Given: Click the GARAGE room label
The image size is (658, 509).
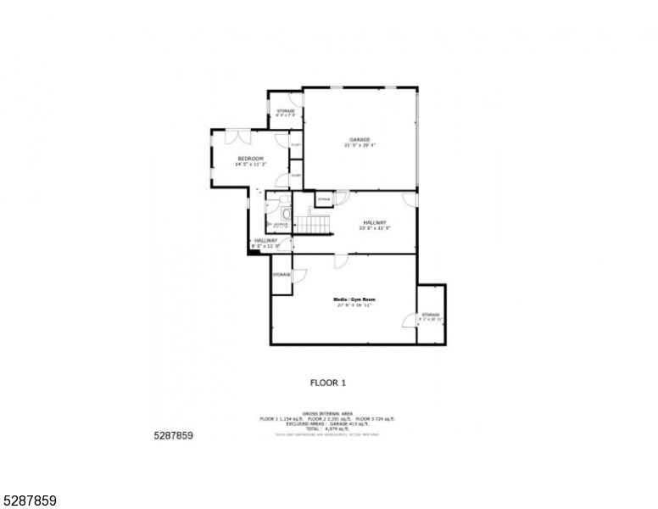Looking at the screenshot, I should [360, 140].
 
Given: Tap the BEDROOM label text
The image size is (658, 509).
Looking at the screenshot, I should [250, 159].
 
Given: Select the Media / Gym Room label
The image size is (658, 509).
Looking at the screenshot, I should [354, 299].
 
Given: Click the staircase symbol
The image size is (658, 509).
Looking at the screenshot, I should [315, 224].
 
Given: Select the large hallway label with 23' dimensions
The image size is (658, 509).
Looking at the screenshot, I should [375, 222].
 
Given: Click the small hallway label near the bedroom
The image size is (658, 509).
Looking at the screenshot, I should [266, 241].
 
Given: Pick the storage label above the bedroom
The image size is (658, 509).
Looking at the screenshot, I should [286, 111].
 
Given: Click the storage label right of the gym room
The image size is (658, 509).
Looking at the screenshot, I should [431, 315].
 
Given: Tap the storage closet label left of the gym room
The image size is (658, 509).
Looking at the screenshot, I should [282, 274].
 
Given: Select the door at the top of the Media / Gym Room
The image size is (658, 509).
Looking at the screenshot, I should [340, 261].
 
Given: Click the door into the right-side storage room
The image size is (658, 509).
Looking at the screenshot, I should [410, 319].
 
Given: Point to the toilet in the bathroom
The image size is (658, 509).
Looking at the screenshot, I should [287, 214].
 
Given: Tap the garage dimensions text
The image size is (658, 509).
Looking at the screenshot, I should [360, 145].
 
